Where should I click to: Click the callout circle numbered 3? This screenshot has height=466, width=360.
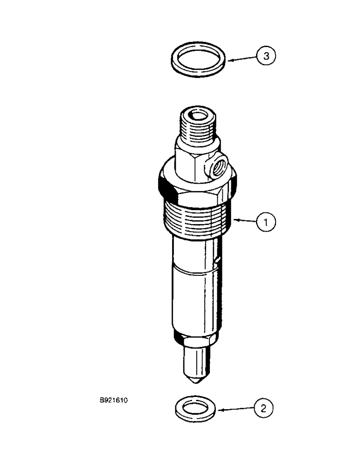pos(266,56)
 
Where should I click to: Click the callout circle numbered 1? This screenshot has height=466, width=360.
pos(266,223)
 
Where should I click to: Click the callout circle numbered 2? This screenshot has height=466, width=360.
pos(263,409)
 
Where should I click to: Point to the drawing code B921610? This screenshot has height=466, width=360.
pos(112,399)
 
